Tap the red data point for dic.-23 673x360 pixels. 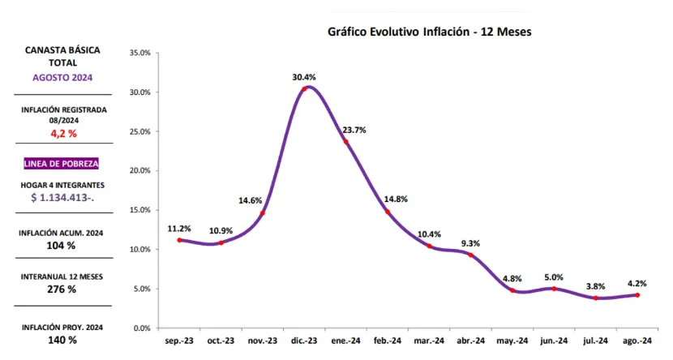click(304, 88)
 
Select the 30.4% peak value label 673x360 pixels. click(304, 77)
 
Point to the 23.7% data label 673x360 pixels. click(354, 130)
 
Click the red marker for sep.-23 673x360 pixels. click(179, 240)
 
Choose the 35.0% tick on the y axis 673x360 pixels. click(139, 53)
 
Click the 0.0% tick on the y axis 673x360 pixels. click(142, 328)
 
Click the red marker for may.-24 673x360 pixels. click(512, 290)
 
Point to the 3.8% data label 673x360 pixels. click(596, 285)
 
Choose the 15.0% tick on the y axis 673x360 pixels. click(139, 210)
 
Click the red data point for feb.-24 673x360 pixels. click(388, 212)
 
